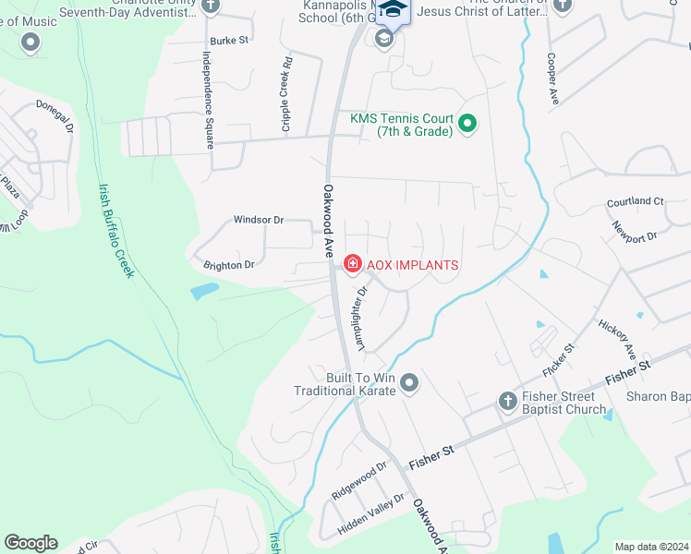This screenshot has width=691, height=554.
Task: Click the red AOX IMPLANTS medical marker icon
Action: point(352,265)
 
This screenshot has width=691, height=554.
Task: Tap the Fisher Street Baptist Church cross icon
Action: point(506,402)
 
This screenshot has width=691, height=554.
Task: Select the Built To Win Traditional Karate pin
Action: point(410,382)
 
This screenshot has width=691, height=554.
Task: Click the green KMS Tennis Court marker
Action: point(467,123)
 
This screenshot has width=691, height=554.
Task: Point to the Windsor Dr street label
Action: point(258,220)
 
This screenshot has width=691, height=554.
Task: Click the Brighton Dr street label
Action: point(229,265)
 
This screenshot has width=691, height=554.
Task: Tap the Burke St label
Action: point(229,41)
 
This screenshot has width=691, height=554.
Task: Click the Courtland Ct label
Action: point(635,201)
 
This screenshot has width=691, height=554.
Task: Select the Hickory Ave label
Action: point(617,339)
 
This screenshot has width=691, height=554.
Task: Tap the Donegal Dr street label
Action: point(55,116)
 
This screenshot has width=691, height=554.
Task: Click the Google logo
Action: point(30,543)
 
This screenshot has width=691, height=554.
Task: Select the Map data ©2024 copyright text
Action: point(650,547)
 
